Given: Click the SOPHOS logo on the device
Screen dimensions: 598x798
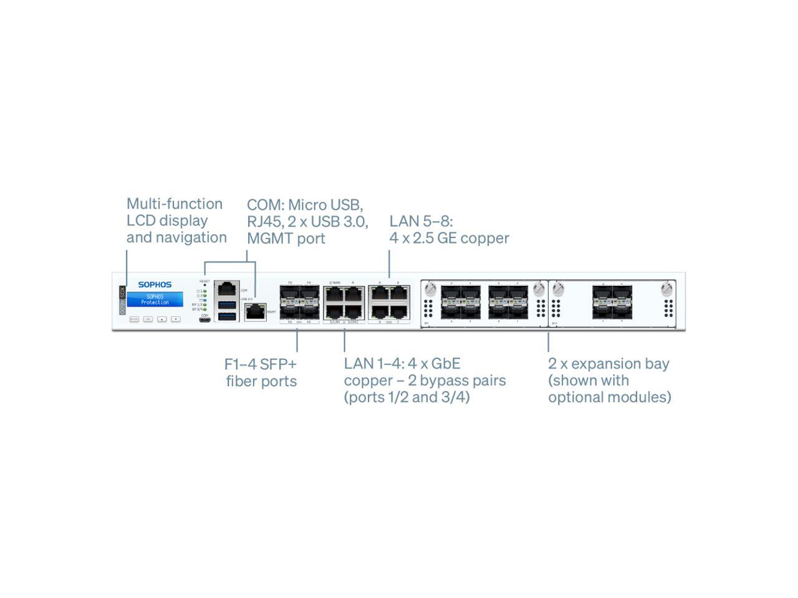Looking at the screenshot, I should [x=155, y=285].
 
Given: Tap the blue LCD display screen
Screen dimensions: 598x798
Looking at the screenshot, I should [x=155, y=300].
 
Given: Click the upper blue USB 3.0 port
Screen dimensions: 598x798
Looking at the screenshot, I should [x=228, y=305].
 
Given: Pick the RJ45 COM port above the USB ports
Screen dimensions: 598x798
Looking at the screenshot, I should [x=227, y=288].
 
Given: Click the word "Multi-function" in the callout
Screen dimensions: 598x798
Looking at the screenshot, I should [x=175, y=204].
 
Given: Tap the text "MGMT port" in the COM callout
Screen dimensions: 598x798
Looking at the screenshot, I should [x=286, y=238].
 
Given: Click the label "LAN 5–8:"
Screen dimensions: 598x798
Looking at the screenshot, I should [x=421, y=221].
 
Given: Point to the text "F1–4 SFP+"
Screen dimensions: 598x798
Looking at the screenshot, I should [x=261, y=364].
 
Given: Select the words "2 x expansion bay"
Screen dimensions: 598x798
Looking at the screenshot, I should [x=608, y=364].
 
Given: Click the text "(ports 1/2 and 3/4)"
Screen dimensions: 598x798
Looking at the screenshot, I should [x=407, y=397].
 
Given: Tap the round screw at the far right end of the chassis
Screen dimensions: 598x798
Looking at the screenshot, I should [x=668, y=289].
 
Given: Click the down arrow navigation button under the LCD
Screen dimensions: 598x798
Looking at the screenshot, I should [x=176, y=319].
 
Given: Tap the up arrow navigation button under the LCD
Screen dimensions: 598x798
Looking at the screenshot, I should [x=161, y=319].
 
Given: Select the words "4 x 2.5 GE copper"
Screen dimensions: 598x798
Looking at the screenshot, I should [x=449, y=238].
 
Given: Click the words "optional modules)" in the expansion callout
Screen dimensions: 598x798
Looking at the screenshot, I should [x=610, y=397].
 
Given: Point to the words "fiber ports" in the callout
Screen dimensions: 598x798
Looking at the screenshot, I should [x=261, y=381].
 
